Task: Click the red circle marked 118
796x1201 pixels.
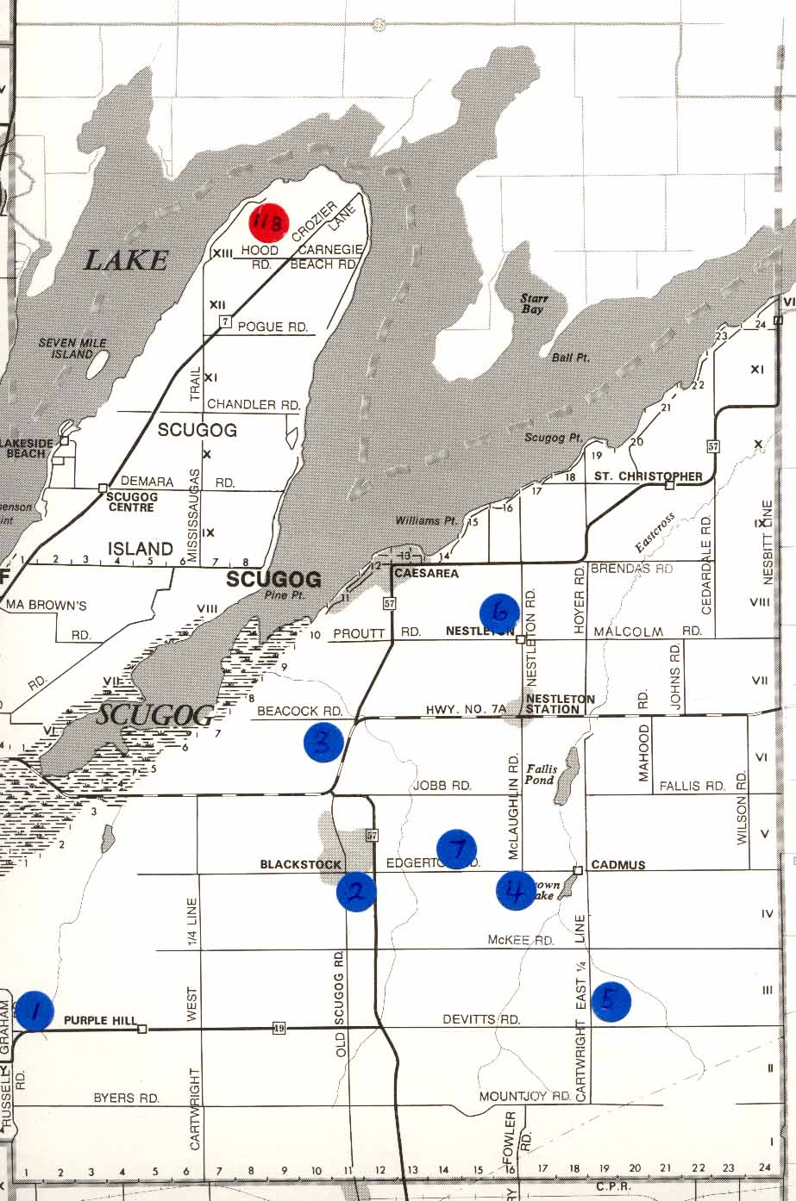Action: coord(266,222)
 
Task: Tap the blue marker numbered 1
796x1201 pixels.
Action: coord(34,1011)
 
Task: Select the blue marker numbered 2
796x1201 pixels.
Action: coord(355,892)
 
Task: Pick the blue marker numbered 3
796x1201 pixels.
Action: coord(323,743)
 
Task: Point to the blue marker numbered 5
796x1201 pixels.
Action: coord(611,1001)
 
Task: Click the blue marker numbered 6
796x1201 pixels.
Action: coord(499,613)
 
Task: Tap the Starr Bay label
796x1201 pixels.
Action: coord(532,303)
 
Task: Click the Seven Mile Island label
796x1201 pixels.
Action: coord(72,348)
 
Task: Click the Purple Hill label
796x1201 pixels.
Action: coord(99,1021)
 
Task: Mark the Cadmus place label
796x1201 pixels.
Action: coord(617,865)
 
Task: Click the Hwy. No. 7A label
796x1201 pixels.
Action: coord(466,709)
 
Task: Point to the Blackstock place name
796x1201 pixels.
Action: coord(301,865)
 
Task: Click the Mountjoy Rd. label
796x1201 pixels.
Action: coord(525,1097)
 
